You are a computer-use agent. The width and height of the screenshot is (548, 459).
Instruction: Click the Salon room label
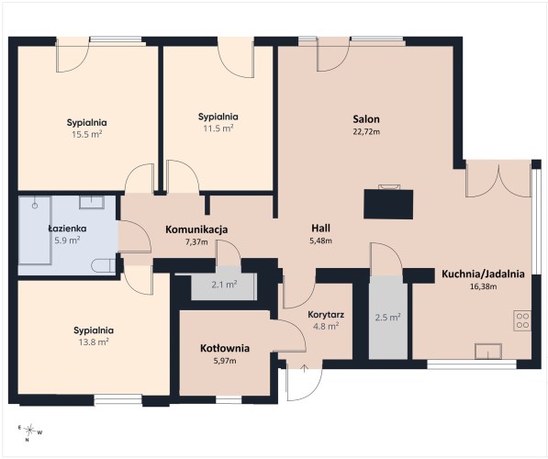(x=366, y=119)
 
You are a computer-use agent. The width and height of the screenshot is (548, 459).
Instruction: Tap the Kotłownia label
(x=225, y=348)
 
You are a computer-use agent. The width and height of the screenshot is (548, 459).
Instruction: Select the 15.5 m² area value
(x=87, y=134)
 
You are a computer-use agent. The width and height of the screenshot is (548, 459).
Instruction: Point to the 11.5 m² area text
(x=218, y=129)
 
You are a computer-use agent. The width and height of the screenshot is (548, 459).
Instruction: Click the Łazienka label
(x=67, y=229)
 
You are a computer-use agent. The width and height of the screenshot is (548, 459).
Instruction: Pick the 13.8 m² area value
(x=94, y=341)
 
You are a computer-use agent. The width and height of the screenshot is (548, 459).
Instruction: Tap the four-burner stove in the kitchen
(x=522, y=320)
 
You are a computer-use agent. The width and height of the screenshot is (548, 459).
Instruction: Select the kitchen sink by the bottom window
(x=488, y=351)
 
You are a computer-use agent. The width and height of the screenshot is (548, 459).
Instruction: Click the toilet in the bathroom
(x=104, y=265)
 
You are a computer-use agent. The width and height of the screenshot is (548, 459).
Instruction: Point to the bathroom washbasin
(x=92, y=202)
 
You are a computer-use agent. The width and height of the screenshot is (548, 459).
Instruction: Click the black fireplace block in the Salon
(x=388, y=205)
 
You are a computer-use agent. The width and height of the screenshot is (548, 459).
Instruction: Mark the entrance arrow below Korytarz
(x=305, y=368)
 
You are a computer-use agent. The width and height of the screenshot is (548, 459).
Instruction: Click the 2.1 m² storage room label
(x=224, y=285)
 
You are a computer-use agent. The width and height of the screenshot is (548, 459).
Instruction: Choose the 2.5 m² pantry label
(x=387, y=318)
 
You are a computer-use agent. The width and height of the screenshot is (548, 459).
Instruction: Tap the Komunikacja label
(x=196, y=229)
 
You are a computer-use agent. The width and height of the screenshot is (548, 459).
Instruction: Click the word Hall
(x=321, y=229)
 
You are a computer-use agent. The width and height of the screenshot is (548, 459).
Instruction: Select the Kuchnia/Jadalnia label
(x=483, y=274)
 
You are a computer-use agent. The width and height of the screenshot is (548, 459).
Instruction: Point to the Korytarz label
(x=326, y=315)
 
